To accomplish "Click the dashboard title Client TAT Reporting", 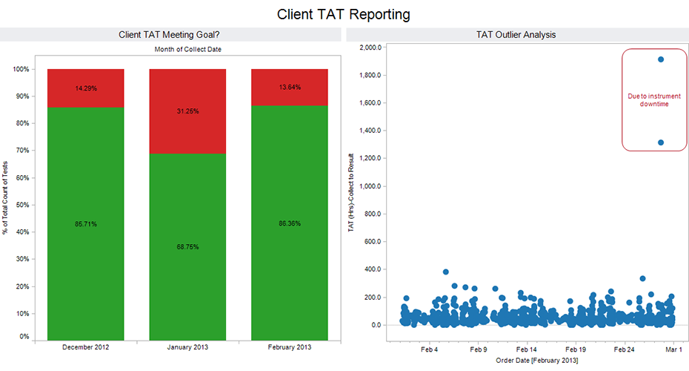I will pyautogui.click(x=344, y=14).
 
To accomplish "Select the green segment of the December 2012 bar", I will pyautogui.click(x=85, y=223).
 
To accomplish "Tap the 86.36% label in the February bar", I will pyautogui.click(x=290, y=223).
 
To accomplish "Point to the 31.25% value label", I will pyautogui.click(x=187, y=111).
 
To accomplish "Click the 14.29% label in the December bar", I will pyautogui.click(x=85, y=88).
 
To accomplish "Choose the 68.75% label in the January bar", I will pyautogui.click(x=187, y=246).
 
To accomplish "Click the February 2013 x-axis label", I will pyautogui.click(x=290, y=347).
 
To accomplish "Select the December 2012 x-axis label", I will pyautogui.click(x=85, y=347).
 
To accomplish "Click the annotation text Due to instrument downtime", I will pyautogui.click(x=648, y=100).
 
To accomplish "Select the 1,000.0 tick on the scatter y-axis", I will pyautogui.click(x=370, y=186).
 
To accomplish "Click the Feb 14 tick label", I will pyautogui.click(x=527, y=348).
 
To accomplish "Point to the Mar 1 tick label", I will pyautogui.click(x=673, y=348).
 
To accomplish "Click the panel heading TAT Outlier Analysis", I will pyautogui.click(x=516, y=34).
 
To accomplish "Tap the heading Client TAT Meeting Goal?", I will pyautogui.click(x=169, y=34).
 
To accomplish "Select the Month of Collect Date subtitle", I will pyautogui.click(x=187, y=49).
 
